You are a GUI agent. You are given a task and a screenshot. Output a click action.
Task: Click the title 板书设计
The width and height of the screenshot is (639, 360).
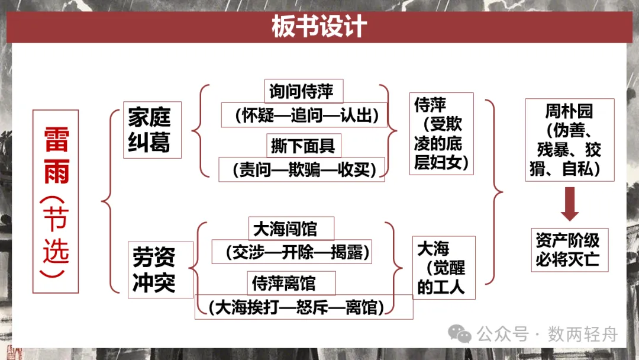tap(319, 27)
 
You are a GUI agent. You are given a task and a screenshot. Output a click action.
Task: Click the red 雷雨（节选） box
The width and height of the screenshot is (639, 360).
tap(56, 201)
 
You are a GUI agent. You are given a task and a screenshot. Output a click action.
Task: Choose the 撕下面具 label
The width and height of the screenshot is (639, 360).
tap(303, 145)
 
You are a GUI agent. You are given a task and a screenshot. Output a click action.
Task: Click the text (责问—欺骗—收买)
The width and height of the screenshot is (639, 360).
tap(301, 169)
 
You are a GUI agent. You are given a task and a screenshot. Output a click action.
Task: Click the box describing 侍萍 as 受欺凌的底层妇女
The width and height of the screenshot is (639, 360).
tap(441, 133)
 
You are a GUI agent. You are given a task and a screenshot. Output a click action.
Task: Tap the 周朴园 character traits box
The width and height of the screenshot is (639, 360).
tap(569, 140)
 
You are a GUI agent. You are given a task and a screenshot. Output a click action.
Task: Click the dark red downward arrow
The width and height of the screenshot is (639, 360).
tap(570, 202)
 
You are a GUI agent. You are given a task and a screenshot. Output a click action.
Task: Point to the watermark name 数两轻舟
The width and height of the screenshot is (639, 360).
tap(583, 335)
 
